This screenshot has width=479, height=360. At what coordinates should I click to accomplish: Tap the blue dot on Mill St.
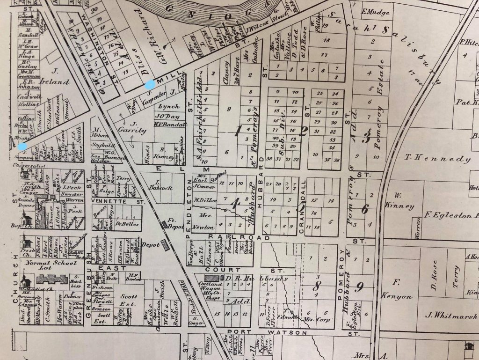pos(150,85)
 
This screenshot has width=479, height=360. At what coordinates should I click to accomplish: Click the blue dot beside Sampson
pos(22,147)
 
